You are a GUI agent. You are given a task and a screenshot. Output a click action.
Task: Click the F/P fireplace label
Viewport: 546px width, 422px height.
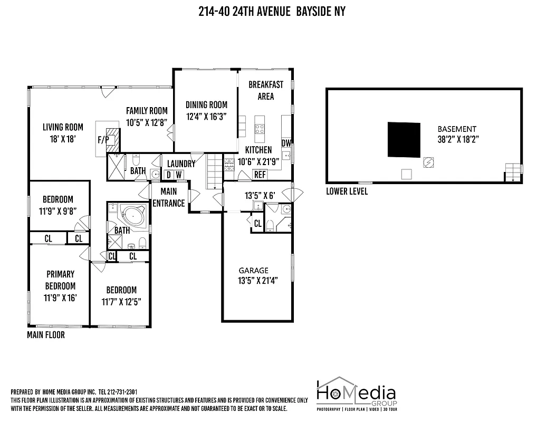click(102, 140)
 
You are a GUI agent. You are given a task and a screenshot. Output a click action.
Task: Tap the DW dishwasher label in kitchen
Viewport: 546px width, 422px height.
click(286, 143)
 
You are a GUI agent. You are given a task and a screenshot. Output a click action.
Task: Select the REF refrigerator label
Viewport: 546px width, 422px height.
click(260, 175)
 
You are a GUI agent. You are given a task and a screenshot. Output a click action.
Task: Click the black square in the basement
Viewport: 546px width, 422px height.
click(405, 140)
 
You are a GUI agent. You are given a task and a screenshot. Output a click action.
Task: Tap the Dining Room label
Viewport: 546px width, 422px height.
click(206, 105)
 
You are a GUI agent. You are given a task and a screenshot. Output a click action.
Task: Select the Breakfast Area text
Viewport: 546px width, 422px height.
click(265, 90)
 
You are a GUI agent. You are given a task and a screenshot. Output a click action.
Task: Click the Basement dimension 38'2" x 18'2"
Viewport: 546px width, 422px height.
click(457, 140)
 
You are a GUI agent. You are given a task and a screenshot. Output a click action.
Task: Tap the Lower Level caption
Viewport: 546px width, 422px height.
click(347, 191)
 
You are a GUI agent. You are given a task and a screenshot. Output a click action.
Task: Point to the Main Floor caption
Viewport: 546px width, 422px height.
click(46, 334)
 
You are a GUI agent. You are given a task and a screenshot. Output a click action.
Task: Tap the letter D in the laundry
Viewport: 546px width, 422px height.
click(169, 175)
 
